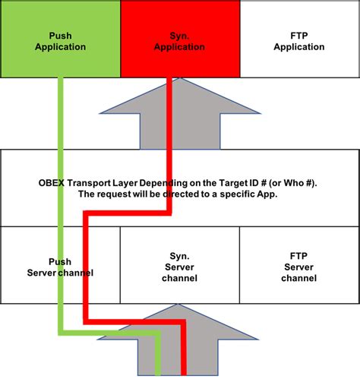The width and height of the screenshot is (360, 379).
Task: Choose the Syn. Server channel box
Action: tap(180, 266)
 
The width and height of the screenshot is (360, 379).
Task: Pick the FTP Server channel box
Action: tap(299, 266)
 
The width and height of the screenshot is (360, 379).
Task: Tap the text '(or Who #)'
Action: tap(295, 182)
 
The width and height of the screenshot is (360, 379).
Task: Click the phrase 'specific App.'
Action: tap(251, 194)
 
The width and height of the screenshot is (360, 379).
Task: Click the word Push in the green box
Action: tap(60, 36)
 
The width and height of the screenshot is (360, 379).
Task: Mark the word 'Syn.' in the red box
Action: tap(179, 36)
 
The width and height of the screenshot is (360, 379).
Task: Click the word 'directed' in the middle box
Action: tap(172, 194)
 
